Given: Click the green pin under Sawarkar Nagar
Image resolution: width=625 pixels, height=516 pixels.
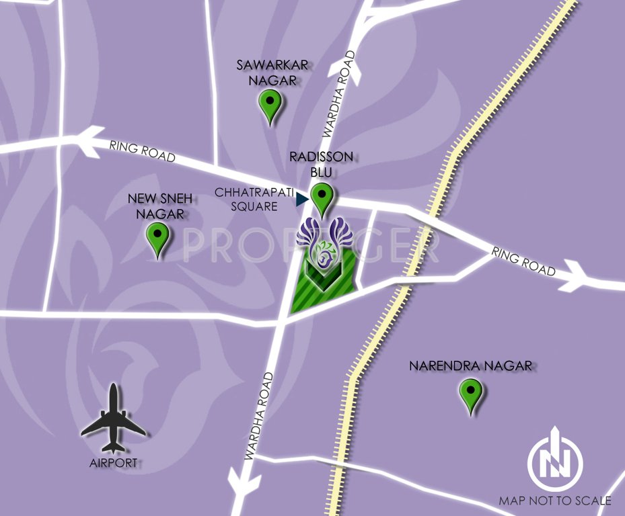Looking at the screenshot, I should (x=270, y=105).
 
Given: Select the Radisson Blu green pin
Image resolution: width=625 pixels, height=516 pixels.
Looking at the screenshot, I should (x=323, y=198).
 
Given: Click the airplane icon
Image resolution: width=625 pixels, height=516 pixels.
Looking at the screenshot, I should (x=113, y=418).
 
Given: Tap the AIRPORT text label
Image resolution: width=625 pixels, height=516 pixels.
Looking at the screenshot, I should (x=114, y=462).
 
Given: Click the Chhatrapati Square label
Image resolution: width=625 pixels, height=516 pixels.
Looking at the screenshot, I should (x=254, y=200).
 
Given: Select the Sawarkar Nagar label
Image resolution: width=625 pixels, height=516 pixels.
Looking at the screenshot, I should (x=267, y=71).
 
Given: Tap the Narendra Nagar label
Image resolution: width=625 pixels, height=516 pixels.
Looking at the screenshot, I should (x=471, y=366).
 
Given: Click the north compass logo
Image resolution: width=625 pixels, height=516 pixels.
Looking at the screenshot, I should (x=555, y=460).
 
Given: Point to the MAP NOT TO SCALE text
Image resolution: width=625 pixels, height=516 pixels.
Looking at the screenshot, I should (x=555, y=501).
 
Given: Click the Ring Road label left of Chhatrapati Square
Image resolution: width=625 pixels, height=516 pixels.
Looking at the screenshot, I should (x=142, y=151).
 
